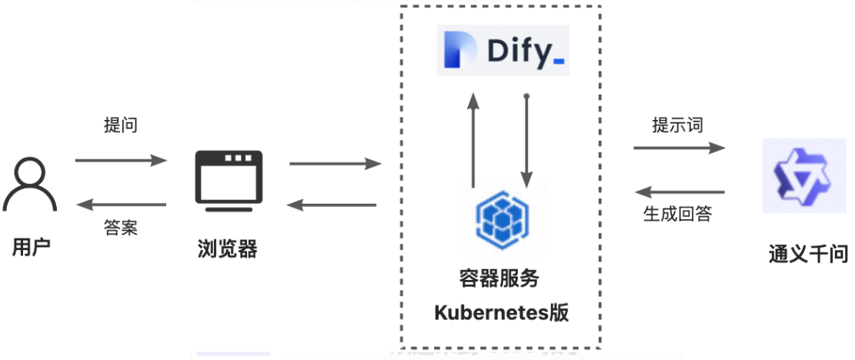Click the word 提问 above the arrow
click(x=121, y=125)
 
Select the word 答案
click(x=121, y=228)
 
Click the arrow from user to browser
click(x=121, y=161)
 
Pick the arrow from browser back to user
click(x=121, y=205)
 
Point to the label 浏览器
click(x=228, y=248)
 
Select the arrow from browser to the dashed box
click(x=336, y=164)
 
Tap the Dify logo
click(x=503, y=51)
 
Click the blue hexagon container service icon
click(x=500, y=219)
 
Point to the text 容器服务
click(x=501, y=278)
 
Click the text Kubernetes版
click(x=501, y=313)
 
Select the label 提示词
click(x=677, y=125)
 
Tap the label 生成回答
click(x=678, y=215)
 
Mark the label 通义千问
click(x=808, y=253)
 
